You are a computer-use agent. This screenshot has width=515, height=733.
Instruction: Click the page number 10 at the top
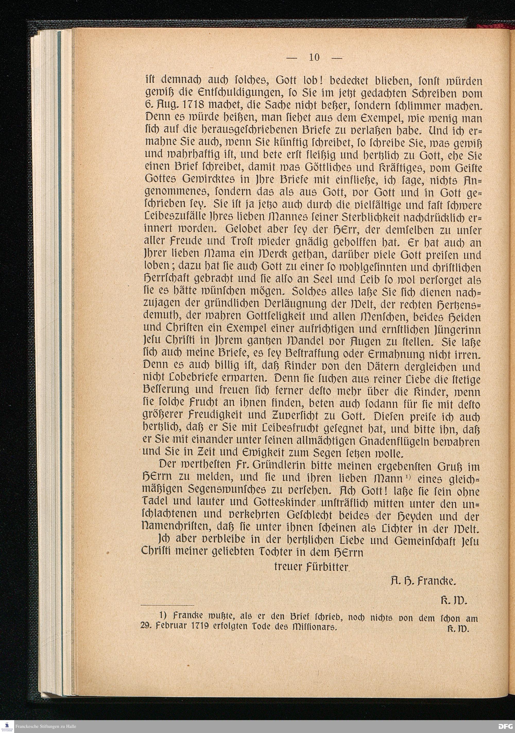coord(314,57)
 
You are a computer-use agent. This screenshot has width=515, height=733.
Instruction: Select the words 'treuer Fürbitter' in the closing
coord(311,566)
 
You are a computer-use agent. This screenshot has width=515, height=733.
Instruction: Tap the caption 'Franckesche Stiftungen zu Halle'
coord(46,726)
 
